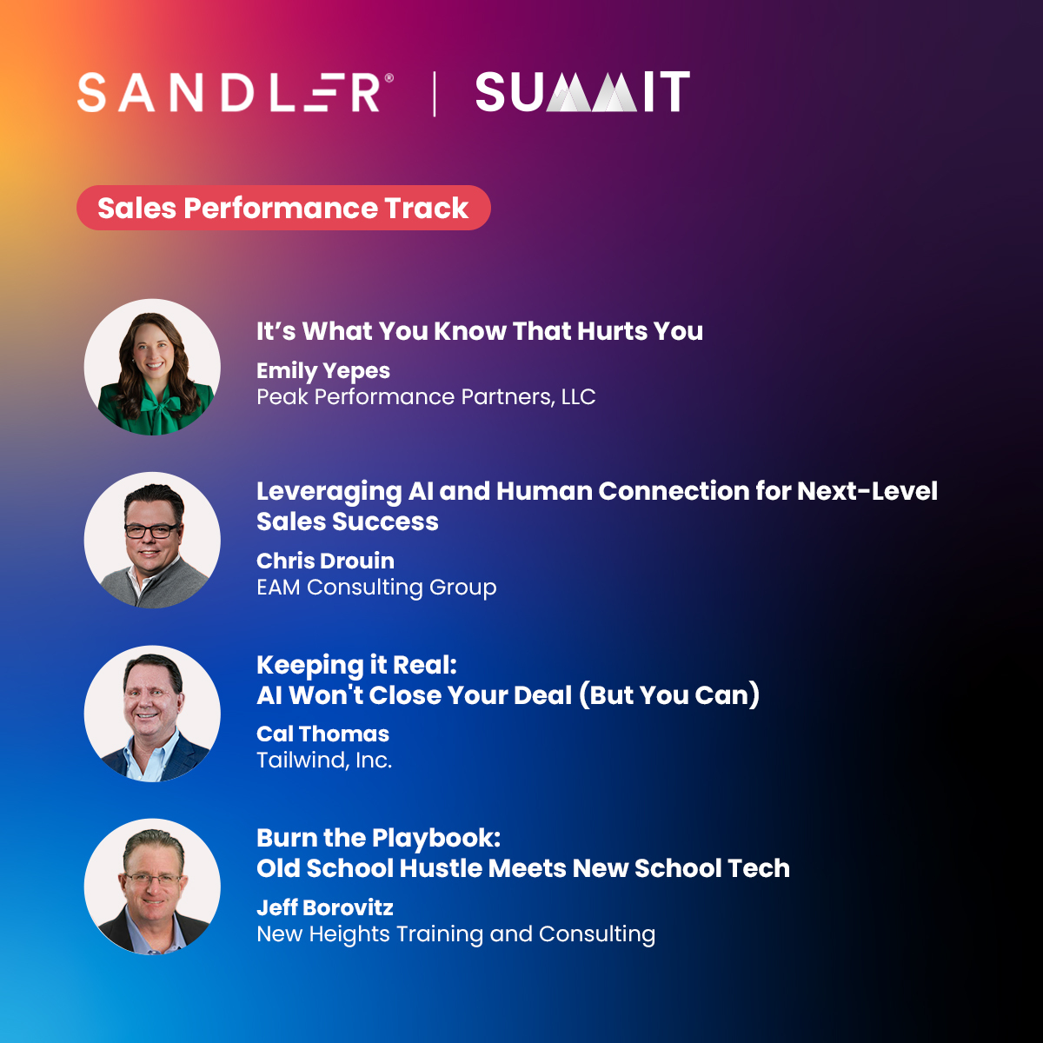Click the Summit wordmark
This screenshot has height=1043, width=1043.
pyautogui.click(x=582, y=93)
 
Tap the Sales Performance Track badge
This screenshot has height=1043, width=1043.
pyautogui.click(x=283, y=209)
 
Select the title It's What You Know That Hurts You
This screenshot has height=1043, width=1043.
pyautogui.click(x=479, y=331)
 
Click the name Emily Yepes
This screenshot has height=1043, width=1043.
pyautogui.click(x=322, y=371)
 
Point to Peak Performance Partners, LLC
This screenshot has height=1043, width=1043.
pyautogui.click(x=426, y=397)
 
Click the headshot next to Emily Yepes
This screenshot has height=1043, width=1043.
pyautogui.click(x=152, y=367)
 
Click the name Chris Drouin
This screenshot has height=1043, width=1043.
pyautogui.click(x=325, y=561)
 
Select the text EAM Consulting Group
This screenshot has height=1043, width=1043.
pyautogui.click(x=376, y=588)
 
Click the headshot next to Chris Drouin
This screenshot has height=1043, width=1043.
pyautogui.click(x=152, y=540)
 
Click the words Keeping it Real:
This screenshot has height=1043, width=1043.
pyautogui.click(x=356, y=666)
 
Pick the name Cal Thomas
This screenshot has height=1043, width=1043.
pyautogui.click(x=322, y=734)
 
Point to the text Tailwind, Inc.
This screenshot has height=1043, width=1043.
pyautogui.click(x=324, y=761)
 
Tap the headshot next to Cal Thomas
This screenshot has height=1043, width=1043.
pyautogui.click(x=152, y=714)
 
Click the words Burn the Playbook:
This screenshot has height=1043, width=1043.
pyautogui.click(x=378, y=839)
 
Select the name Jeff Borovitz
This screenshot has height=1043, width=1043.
pyautogui.click(x=324, y=908)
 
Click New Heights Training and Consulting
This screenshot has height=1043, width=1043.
pyautogui.click(x=455, y=934)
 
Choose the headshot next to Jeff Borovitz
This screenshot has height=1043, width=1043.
pyautogui.click(x=152, y=887)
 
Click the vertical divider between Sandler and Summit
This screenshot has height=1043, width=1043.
pyautogui.click(x=435, y=94)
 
